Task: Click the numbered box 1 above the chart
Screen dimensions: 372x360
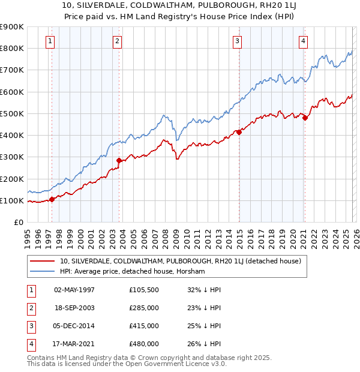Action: (x=49, y=41)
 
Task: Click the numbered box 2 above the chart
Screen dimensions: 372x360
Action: (x=117, y=41)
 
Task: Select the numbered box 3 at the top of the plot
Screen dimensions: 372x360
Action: (x=237, y=41)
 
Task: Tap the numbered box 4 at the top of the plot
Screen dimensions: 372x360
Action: (x=304, y=41)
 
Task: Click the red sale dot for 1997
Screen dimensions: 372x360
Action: (x=52, y=199)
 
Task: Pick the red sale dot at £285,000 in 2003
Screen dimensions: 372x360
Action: (x=119, y=160)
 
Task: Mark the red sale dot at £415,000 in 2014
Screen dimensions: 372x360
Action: (x=239, y=132)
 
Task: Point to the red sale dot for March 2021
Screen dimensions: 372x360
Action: (x=305, y=118)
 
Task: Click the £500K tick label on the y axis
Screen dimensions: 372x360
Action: (x=12, y=113)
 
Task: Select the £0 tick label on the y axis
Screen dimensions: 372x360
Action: (x=18, y=222)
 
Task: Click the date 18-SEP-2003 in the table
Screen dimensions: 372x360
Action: (x=74, y=307)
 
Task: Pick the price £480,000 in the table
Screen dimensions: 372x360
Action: (x=143, y=344)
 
